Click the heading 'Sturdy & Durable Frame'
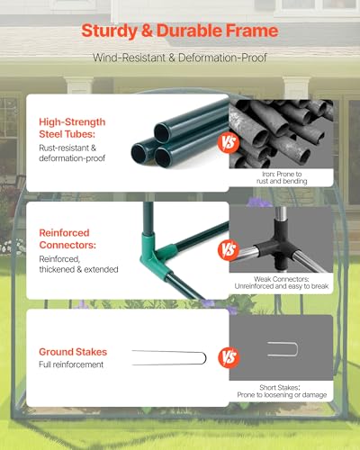[180, 31]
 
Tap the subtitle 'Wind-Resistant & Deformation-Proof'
[180, 58]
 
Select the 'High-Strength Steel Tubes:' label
[72, 128]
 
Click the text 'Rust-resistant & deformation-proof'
[72, 153]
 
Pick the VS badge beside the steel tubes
[229, 142]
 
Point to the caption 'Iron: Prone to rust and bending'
[282, 177]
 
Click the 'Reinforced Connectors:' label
[67, 238]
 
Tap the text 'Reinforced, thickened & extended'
[78, 264]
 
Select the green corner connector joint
[154, 252]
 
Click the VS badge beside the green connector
[229, 250]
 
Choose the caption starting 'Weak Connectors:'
[282, 283]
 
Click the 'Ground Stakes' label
[73, 352]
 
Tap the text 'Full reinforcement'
[71, 364]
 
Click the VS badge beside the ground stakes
[229, 357]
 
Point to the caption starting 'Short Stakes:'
[282, 391]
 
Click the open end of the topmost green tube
[163, 132]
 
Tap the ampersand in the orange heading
[147, 31]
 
